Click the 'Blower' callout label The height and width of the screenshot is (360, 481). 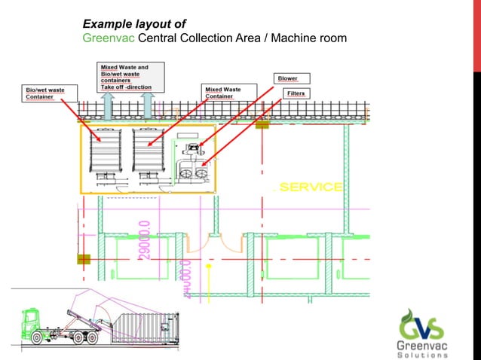(x=287, y=78)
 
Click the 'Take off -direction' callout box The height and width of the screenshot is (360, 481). (x=126, y=77)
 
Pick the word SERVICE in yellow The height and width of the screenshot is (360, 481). (x=311, y=187)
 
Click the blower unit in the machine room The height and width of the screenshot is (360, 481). (x=195, y=148)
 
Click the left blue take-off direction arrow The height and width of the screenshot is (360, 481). (x=107, y=105)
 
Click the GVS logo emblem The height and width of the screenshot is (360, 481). (x=426, y=321)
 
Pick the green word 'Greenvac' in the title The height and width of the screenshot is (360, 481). (x=105, y=38)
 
